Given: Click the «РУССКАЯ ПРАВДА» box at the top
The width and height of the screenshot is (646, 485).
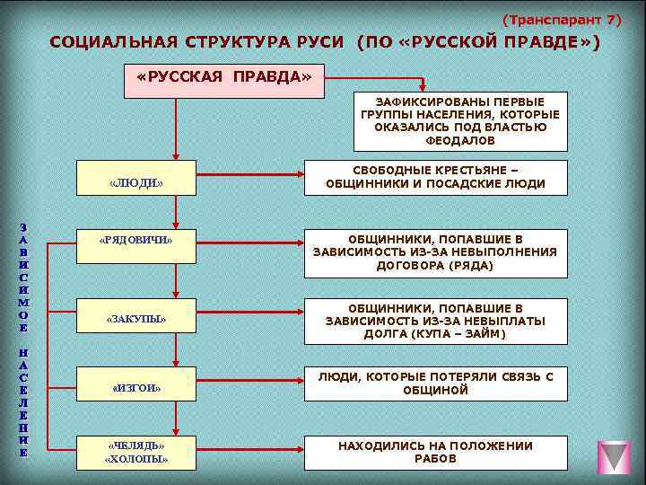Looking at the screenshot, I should (224, 78).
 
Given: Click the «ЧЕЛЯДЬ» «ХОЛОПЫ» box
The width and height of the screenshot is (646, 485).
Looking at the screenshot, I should (135, 453).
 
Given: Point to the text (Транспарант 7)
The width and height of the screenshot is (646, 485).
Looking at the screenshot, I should (560, 19).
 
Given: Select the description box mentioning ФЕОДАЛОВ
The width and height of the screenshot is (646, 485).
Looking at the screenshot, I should (459, 120).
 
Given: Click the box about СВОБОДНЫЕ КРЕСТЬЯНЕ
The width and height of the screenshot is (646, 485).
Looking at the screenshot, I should (436, 178).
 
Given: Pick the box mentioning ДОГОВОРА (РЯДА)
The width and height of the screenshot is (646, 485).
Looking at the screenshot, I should (436, 252).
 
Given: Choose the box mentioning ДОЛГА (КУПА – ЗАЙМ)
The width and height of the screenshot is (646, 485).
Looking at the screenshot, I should (436, 321).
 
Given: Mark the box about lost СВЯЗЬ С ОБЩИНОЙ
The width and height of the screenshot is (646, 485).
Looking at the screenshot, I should (436, 384).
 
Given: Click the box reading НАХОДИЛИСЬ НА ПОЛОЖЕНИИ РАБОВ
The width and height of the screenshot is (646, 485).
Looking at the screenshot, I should (436, 452).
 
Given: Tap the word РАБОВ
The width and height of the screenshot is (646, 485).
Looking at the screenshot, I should (436, 459).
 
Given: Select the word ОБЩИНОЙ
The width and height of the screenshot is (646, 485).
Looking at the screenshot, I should (436, 391).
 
